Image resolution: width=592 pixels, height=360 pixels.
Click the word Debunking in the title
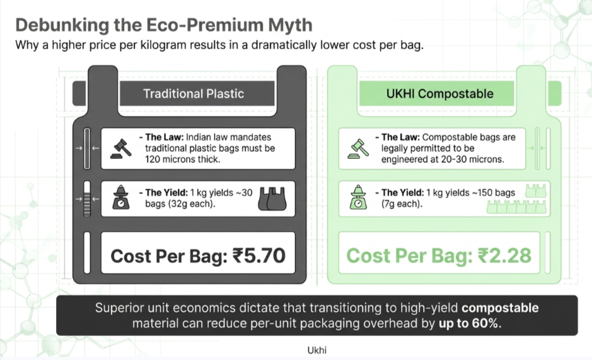pos(62,26)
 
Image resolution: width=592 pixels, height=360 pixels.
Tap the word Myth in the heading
pos(290,25)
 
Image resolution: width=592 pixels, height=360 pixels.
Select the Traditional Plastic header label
pos(194,94)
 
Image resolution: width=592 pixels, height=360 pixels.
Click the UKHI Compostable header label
pos(439,94)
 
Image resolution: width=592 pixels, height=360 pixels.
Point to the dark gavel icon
pos(121,148)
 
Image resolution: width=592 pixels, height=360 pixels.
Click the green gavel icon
pos(358,148)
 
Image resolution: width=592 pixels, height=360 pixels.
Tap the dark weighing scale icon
pos(121,197)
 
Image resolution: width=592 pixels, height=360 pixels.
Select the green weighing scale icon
pos(358,197)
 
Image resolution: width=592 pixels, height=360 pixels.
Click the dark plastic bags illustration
pos(272,199)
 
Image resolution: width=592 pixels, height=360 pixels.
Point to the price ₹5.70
pos(259,256)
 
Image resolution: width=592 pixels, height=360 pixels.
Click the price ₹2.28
pos(504,256)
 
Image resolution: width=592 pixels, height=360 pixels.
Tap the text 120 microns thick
pos(182,160)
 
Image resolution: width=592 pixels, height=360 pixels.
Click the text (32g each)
pos(180,204)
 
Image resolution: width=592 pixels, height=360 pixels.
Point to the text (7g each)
pos(402,204)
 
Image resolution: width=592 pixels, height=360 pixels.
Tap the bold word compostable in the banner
pos(500,308)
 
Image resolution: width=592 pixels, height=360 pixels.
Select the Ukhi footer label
pos(316,350)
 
